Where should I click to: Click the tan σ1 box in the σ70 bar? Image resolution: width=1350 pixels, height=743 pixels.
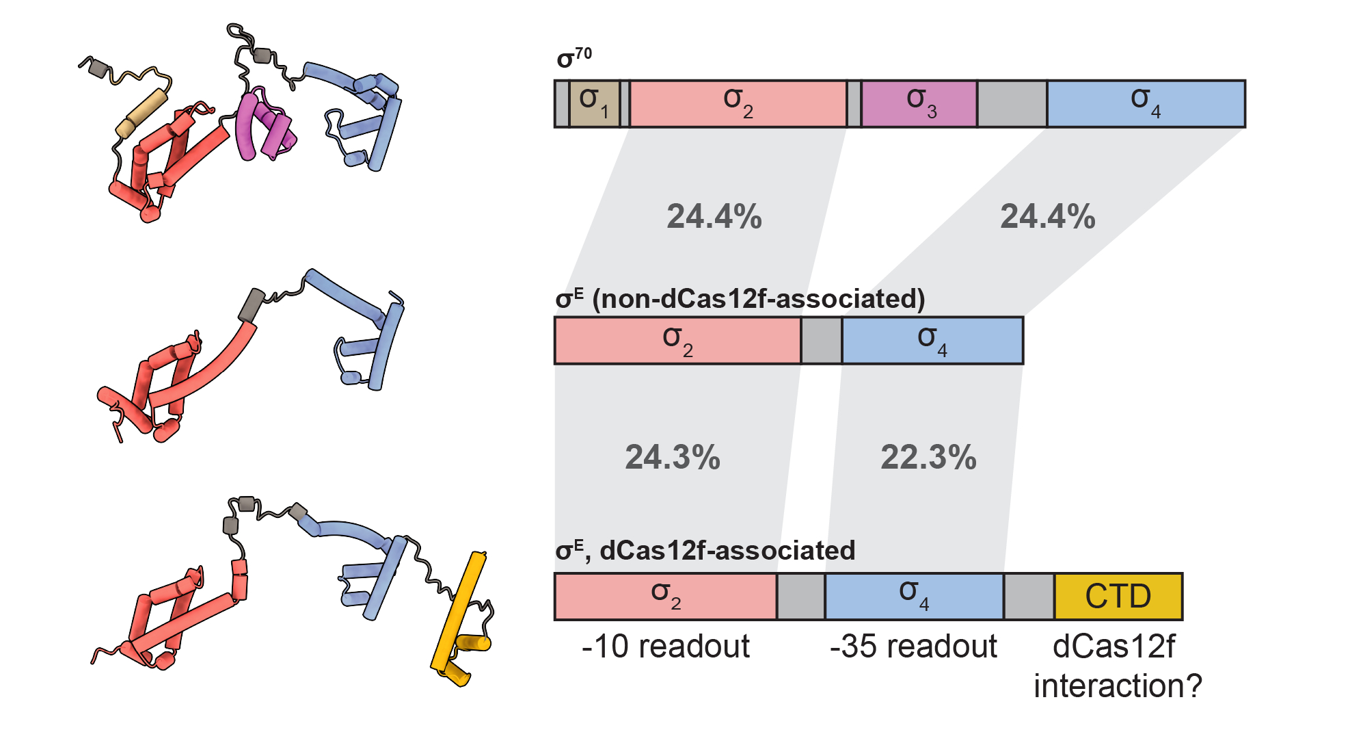click(x=594, y=104)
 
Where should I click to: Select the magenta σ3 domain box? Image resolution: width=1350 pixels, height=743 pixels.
click(x=919, y=104)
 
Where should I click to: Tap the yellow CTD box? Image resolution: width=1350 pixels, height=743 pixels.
click(x=1118, y=597)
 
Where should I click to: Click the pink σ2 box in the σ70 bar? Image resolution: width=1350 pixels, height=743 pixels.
click(x=738, y=104)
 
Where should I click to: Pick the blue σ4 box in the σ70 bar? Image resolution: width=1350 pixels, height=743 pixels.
click(x=1146, y=104)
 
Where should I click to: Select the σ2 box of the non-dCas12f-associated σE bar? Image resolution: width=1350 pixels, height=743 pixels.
click(x=677, y=340)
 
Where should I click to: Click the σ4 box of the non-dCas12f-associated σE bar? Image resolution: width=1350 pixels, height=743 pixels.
click(x=932, y=340)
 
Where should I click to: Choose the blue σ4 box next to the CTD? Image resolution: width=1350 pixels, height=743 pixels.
click(x=914, y=597)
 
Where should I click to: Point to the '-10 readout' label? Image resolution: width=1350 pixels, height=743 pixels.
click(x=665, y=647)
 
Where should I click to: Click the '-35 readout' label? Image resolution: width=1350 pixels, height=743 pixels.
click(x=913, y=647)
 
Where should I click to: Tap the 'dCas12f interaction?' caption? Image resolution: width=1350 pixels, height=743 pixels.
click(x=1117, y=666)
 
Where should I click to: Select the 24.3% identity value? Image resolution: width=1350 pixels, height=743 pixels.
click(x=673, y=457)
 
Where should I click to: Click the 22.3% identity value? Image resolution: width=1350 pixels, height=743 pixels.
click(x=928, y=457)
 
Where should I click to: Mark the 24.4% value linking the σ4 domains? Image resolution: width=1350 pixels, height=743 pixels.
click(x=1047, y=216)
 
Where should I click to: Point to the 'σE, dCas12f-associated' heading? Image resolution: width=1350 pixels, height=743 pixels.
click(x=705, y=550)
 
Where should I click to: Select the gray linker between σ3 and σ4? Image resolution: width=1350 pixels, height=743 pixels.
click(x=1012, y=104)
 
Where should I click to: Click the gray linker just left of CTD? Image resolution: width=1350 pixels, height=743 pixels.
click(x=1029, y=597)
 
